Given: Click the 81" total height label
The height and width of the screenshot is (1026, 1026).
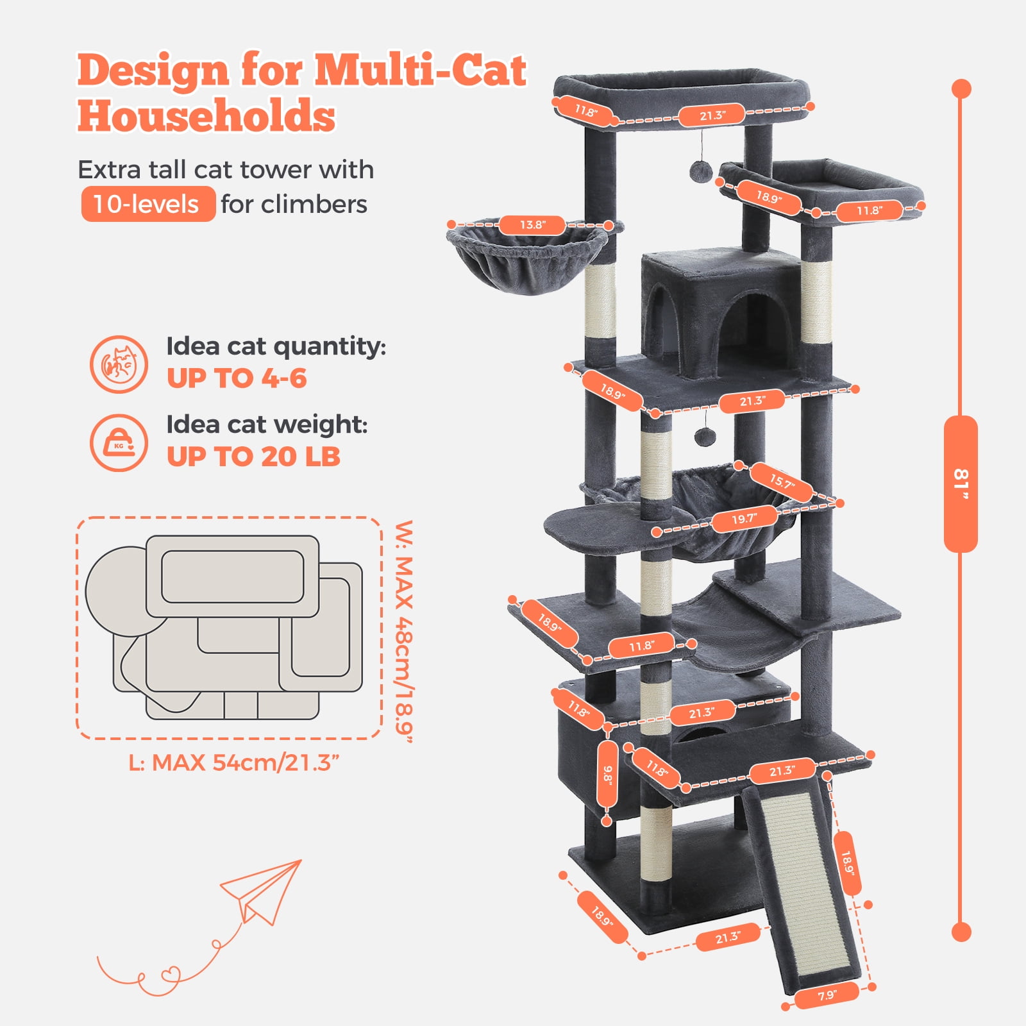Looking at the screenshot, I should click(960, 484).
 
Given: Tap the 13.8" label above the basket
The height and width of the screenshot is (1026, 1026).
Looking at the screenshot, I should click(532, 225).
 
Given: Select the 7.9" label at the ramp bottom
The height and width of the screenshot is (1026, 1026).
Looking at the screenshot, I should click(827, 995).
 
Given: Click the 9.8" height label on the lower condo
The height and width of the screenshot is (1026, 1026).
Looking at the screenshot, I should click(607, 774).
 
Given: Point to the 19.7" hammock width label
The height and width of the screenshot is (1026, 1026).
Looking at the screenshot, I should click(744, 518).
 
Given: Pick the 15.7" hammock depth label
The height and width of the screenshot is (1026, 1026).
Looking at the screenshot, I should click(782, 482).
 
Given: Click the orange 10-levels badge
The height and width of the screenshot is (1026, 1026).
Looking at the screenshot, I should click(147, 204).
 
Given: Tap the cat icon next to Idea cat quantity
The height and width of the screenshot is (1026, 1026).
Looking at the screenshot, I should click(119, 364).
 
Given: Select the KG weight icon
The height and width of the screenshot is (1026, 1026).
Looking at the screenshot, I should click(119, 442).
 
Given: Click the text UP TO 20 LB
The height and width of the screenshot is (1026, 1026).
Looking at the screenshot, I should click(253, 457).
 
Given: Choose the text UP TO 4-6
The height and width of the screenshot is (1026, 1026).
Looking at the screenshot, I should click(237, 378).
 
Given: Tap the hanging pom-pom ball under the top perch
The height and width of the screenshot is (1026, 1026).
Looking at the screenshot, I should click(700, 171).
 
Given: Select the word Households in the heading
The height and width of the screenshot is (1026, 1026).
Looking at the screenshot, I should click(206, 116).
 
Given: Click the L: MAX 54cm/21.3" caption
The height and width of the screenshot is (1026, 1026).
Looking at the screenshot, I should click(233, 763).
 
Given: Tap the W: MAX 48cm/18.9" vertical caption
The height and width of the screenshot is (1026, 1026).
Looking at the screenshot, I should click(404, 631).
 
